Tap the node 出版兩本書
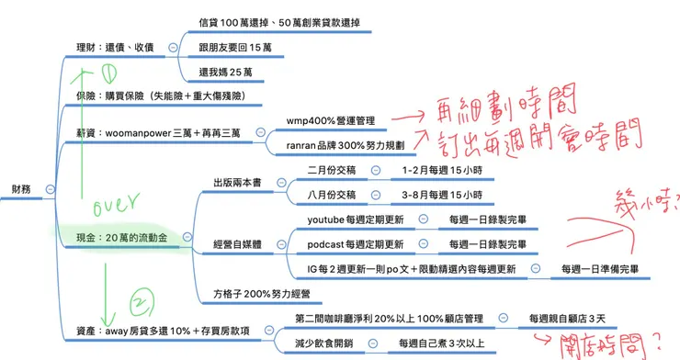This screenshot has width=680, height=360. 237,182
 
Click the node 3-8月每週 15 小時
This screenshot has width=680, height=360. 443,195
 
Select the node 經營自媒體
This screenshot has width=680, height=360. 237,244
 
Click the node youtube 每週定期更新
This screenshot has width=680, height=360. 356,219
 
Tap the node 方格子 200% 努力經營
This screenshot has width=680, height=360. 261,295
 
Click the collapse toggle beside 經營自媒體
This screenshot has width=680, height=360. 282,244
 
